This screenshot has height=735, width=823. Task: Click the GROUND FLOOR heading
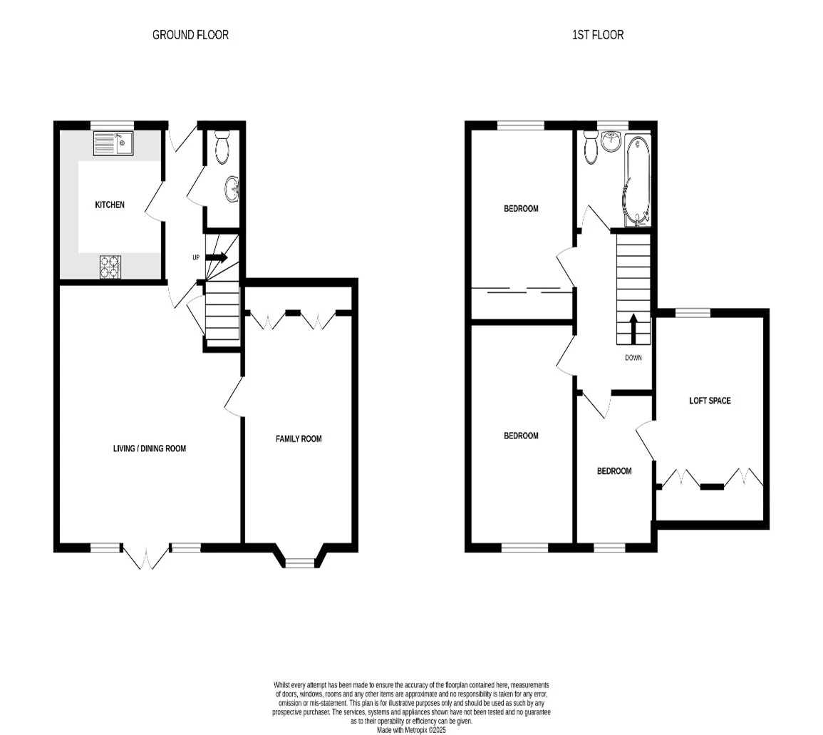point(190,35)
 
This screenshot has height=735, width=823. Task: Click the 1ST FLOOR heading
point(598,35)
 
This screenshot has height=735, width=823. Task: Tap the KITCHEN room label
point(110,205)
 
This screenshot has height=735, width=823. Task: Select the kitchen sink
point(113,143)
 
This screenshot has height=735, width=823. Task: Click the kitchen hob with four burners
point(110,267)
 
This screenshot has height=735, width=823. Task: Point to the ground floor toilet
point(222,146)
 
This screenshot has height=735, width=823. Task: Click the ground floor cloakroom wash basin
point(232,188)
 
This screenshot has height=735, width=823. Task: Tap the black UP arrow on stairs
point(216,257)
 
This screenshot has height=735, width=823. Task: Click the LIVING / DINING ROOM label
point(150,448)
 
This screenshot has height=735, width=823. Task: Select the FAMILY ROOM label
point(299,439)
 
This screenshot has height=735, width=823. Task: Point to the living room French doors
point(146,557)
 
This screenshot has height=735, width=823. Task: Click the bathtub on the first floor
point(637,180)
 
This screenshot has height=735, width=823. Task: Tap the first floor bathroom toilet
point(591,146)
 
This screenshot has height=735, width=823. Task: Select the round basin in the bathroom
point(611,141)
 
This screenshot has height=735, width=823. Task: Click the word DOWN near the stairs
point(633,358)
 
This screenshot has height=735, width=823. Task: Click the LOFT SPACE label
point(710,401)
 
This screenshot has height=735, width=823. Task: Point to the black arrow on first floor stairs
point(633,328)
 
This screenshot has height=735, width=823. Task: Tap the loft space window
point(693,313)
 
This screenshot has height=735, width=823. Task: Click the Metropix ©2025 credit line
point(412,730)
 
